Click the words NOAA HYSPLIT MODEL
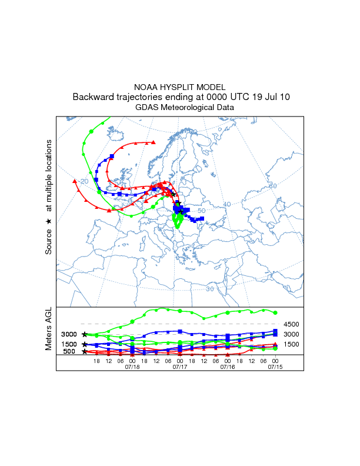point(180,86)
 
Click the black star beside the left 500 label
point(85,352)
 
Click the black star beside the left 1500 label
point(85,344)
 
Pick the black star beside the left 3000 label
point(85,334)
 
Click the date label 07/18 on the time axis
point(132,367)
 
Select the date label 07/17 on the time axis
point(179,367)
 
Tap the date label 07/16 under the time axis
point(227,367)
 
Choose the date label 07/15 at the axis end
point(275,367)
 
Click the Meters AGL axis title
point(49,329)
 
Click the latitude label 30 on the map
point(210,289)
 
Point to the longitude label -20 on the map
point(84,181)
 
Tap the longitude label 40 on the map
point(227,204)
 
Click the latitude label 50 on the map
point(201,211)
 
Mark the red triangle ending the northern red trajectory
point(154,142)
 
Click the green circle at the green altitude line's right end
point(275,312)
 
